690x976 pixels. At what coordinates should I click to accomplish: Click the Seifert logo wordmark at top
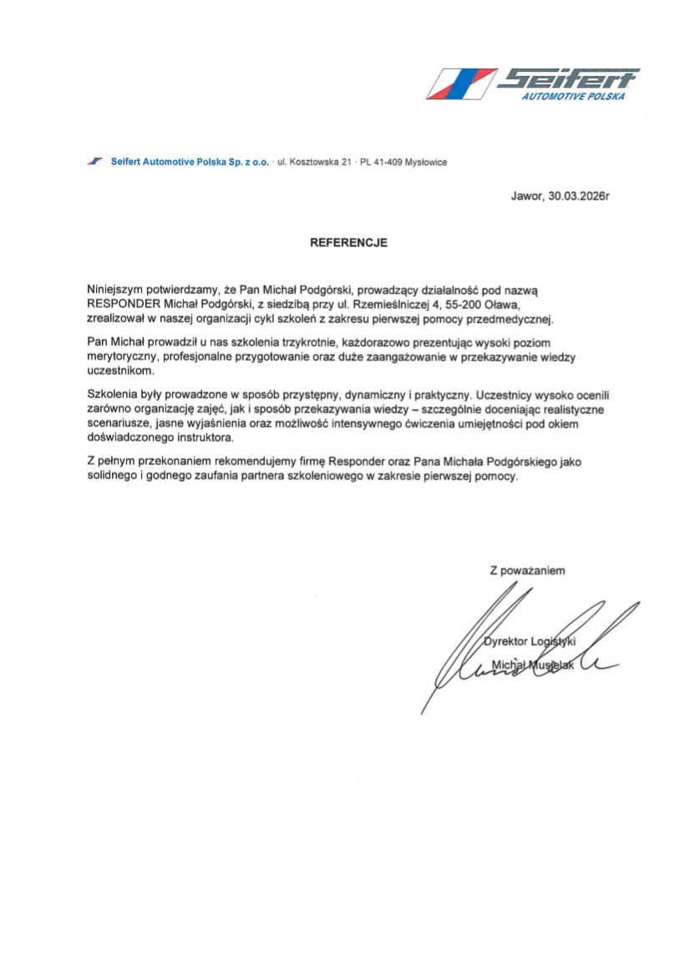tap(568, 80)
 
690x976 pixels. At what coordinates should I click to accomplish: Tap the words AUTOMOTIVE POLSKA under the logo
tap(572, 97)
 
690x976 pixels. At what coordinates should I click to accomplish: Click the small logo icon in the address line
tap(94, 162)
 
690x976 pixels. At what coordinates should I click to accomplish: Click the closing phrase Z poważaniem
tap(528, 571)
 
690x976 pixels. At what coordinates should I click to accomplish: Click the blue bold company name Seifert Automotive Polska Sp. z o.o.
tap(190, 163)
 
